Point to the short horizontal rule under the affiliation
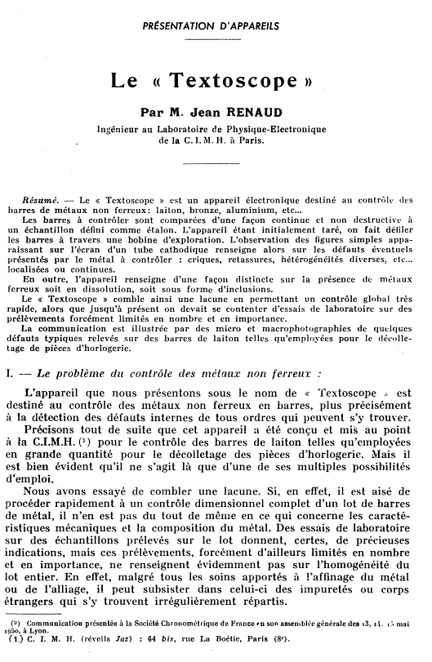click(216, 162)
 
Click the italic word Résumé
click(39, 199)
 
